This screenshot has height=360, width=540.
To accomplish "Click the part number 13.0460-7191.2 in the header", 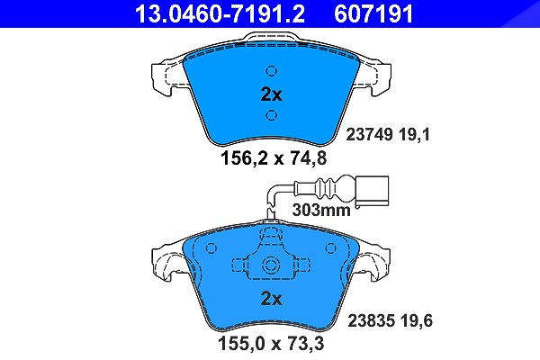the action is pyautogui.click(x=220, y=13).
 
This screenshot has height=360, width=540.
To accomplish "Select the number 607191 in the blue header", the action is pyautogui.click(x=373, y=13).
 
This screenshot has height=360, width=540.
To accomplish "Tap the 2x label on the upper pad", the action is pyautogui.click(x=272, y=94).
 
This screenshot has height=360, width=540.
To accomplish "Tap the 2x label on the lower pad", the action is pyautogui.click(x=272, y=299).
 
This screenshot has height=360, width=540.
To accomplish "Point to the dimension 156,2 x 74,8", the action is pyautogui.click(x=273, y=158).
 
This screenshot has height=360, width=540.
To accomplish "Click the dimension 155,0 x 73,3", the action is pyautogui.click(x=271, y=343).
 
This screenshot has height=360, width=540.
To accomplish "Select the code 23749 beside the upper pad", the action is pyautogui.click(x=369, y=135).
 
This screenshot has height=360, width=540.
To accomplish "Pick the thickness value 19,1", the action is pyautogui.click(x=415, y=135).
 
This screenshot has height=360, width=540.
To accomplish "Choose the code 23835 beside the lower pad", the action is pyautogui.click(x=371, y=320).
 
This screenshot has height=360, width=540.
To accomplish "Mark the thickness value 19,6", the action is pyautogui.click(x=417, y=320).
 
